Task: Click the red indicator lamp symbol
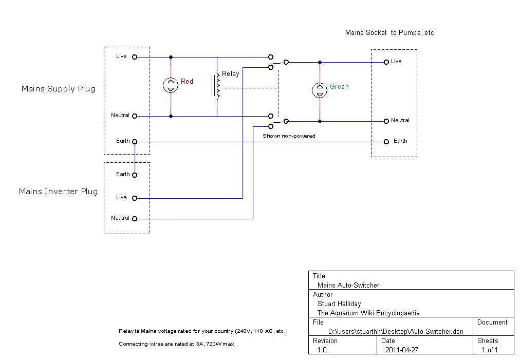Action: pyautogui.click(x=171, y=85)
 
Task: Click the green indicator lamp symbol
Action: pyautogui.click(x=320, y=90)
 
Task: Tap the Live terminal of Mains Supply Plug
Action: pyautogui.click(x=135, y=57)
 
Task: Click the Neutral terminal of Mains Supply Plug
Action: pyautogui.click(x=135, y=116)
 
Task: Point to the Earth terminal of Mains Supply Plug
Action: pyautogui.click(x=135, y=142)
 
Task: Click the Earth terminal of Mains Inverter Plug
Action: pyautogui.click(x=135, y=175)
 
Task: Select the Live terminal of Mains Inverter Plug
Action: pyautogui.click(x=135, y=198)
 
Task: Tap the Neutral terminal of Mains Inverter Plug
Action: pyautogui.click(x=135, y=219)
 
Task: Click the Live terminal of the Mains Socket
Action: pyautogui.click(x=386, y=62)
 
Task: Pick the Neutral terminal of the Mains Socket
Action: pyautogui.click(x=386, y=121)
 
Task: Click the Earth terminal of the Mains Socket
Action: pyautogui.click(x=386, y=142)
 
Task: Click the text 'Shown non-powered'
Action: pyautogui.click(x=289, y=136)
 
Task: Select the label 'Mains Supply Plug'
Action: pyautogui.click(x=59, y=89)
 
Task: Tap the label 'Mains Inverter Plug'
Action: pyautogui.click(x=59, y=192)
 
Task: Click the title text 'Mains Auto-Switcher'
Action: pyautogui.click(x=348, y=285)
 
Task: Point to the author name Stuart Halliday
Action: pyautogui.click(x=339, y=304)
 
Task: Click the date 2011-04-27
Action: pyautogui.click(x=402, y=350)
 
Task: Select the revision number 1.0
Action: pyautogui.click(x=322, y=350)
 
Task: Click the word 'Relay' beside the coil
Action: pyautogui.click(x=231, y=74)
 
